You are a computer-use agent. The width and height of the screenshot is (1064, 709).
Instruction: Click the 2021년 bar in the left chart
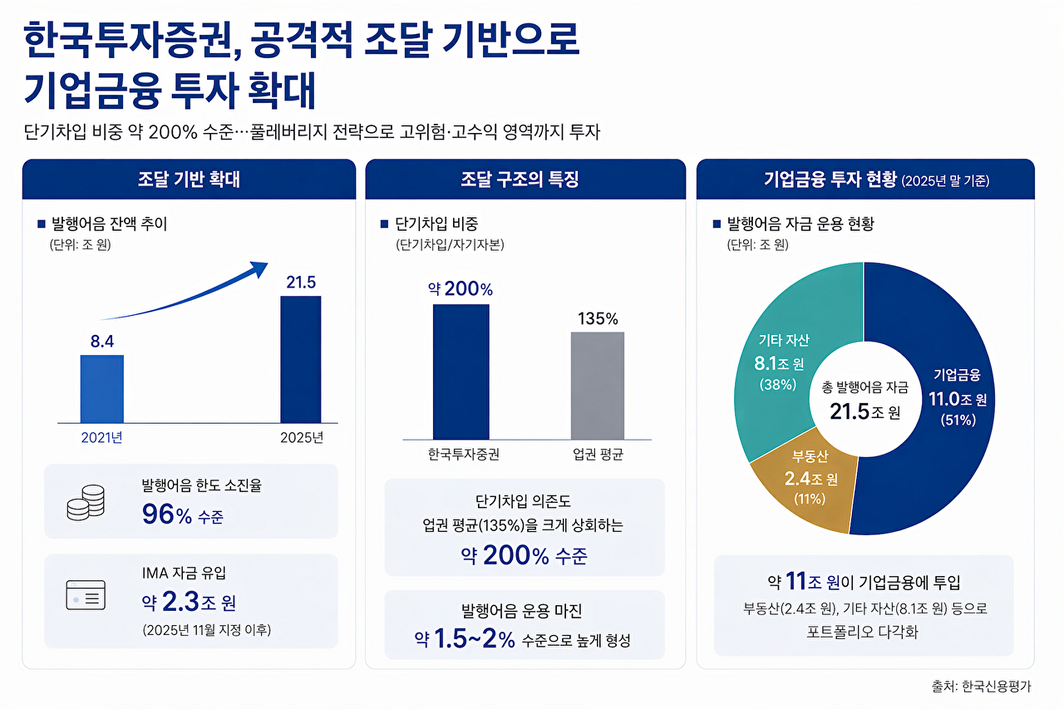(102, 389)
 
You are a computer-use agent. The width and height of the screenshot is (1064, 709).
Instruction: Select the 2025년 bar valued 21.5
(300, 359)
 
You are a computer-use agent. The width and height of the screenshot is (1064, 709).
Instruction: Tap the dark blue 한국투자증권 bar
(461, 371)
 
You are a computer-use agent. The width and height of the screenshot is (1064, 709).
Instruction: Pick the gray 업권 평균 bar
(597, 385)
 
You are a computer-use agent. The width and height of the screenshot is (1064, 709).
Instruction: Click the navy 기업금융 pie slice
(948, 432)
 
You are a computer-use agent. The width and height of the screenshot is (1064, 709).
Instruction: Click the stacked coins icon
(86, 502)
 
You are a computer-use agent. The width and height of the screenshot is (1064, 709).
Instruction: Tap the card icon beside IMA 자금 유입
(86, 597)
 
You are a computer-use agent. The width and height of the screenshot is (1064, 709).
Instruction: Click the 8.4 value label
(101, 340)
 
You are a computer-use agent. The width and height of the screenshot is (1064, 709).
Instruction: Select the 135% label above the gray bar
(598, 318)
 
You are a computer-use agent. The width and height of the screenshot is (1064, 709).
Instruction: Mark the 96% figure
(167, 515)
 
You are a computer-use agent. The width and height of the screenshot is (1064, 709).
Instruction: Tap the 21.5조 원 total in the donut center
(864, 411)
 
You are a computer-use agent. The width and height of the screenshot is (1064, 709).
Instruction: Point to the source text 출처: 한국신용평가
(981, 687)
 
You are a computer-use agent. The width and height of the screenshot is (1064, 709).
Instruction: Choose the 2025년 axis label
(300, 438)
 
